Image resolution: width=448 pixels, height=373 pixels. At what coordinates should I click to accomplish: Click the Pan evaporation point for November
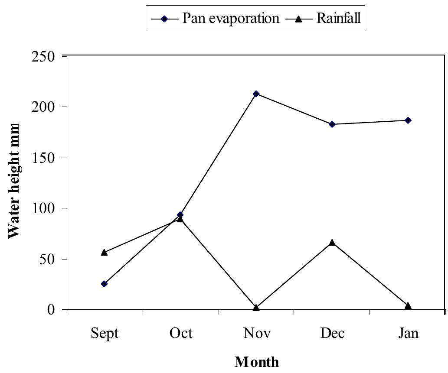click(256, 94)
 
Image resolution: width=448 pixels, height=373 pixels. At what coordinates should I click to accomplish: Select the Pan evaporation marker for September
click(104, 284)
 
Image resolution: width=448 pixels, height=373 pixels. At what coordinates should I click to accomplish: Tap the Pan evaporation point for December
click(332, 124)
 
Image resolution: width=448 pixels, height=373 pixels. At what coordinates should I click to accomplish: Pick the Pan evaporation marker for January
click(408, 120)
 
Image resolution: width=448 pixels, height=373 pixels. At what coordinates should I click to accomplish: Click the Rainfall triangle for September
click(104, 252)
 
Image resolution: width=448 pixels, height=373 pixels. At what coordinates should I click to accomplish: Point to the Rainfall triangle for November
click(256, 308)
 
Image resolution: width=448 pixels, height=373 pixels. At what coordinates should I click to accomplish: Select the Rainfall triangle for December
click(332, 243)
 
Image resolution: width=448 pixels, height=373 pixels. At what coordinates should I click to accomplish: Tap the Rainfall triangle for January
click(408, 306)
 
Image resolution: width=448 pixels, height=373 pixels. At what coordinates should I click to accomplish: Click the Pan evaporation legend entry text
click(231, 18)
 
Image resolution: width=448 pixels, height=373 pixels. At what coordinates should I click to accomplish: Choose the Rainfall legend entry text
click(338, 18)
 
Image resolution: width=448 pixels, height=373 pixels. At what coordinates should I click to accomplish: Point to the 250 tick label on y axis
click(45, 56)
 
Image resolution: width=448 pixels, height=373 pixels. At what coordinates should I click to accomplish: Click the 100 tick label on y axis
click(45, 208)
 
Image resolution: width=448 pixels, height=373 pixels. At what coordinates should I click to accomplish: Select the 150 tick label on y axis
click(45, 158)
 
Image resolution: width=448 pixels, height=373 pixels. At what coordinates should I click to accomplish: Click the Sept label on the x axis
click(105, 333)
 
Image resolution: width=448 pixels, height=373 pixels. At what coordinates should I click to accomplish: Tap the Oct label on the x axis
click(180, 333)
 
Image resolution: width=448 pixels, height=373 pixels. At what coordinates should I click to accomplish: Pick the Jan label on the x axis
click(408, 333)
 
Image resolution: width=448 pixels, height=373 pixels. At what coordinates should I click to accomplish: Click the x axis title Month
click(257, 361)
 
